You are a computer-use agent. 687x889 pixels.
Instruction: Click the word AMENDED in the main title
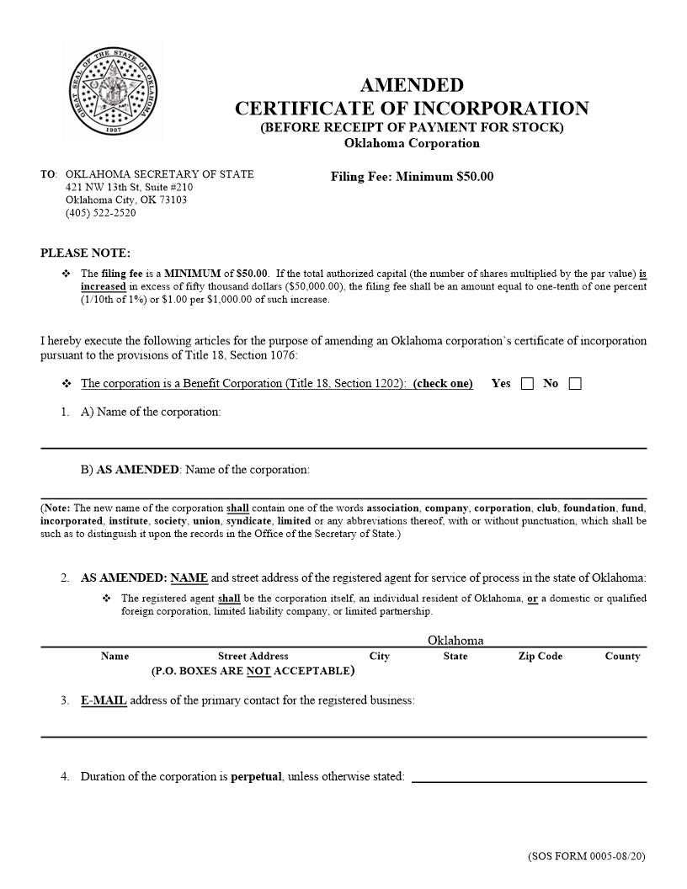point(412,85)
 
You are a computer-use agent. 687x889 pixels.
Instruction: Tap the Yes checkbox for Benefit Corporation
point(527,384)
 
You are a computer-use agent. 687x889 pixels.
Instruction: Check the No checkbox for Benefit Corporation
point(575,384)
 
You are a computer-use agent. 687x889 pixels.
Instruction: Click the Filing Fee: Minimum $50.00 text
point(412,177)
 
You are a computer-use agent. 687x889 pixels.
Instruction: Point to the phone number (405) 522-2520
point(100,213)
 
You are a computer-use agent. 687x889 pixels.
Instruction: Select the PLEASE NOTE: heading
point(85,253)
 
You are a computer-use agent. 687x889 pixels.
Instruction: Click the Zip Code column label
point(540,656)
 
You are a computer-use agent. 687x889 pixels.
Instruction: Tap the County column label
point(622,656)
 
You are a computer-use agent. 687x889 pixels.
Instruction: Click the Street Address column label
point(253,656)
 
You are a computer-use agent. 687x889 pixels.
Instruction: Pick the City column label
point(379,656)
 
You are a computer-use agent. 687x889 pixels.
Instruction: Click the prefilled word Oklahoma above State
point(455,641)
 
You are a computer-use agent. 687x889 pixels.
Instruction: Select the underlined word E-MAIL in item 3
point(104,700)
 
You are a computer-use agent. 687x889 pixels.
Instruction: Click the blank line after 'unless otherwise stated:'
point(529,776)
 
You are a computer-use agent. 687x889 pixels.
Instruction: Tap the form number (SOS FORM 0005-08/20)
point(587,856)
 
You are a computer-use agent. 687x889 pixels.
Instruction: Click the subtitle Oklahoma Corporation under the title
point(412,143)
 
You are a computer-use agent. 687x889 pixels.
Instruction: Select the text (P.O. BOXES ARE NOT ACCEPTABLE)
point(253,671)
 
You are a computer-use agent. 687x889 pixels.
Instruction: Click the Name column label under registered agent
point(114,656)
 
